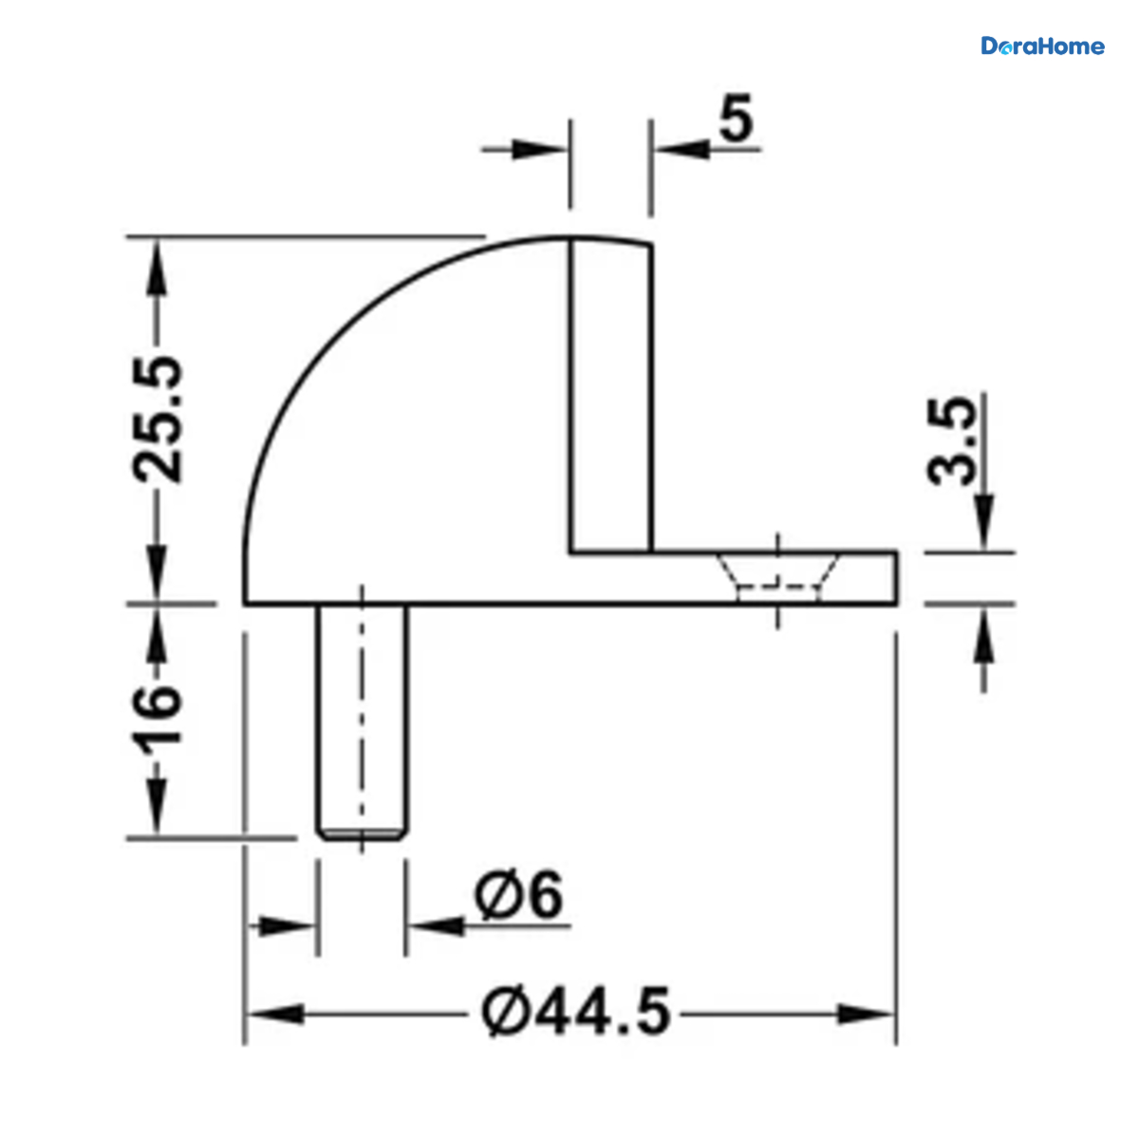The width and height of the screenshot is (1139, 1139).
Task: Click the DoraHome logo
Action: coord(1042,47)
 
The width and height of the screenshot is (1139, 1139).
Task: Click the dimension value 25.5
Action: coord(158,420)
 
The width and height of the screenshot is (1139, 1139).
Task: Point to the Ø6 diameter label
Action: coord(518,895)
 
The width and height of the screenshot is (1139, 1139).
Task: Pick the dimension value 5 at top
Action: coord(736,119)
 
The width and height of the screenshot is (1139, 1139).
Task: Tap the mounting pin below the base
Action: coord(362,721)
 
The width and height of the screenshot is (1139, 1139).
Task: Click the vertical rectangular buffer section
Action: coord(611,396)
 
